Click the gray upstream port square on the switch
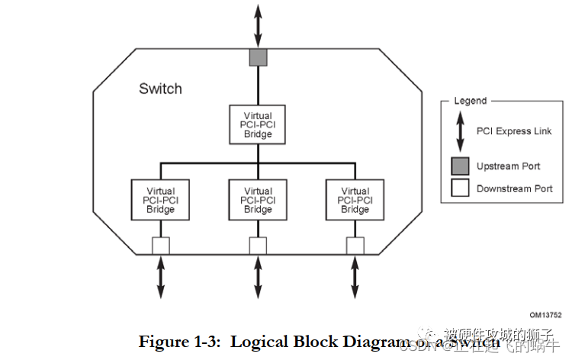(258, 56)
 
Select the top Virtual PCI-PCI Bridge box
(258, 124)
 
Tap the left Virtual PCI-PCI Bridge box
(160, 200)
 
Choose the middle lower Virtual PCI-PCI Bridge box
(258, 200)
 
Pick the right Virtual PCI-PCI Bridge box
(355, 200)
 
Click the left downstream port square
(160, 245)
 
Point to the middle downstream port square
(258, 245)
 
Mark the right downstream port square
(355, 245)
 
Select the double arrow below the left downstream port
(160, 277)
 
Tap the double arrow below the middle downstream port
(258, 277)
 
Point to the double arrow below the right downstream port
(355, 277)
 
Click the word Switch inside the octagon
(160, 88)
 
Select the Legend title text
(470, 101)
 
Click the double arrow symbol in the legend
(460, 131)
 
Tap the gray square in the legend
(460, 166)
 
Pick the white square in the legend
(460, 188)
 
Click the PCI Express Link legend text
(513, 131)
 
